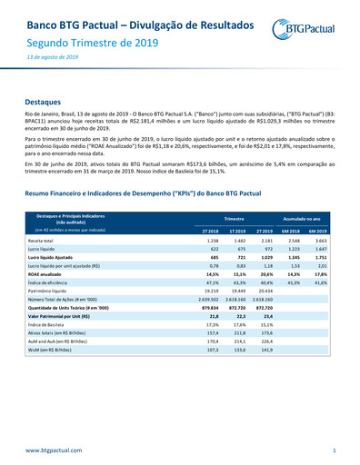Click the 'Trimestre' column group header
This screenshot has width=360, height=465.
click(x=238, y=219)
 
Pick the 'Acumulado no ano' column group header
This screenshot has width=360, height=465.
click(x=307, y=219)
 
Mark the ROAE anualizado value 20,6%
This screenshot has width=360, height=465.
click(x=266, y=273)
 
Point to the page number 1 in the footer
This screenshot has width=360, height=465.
click(x=334, y=450)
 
